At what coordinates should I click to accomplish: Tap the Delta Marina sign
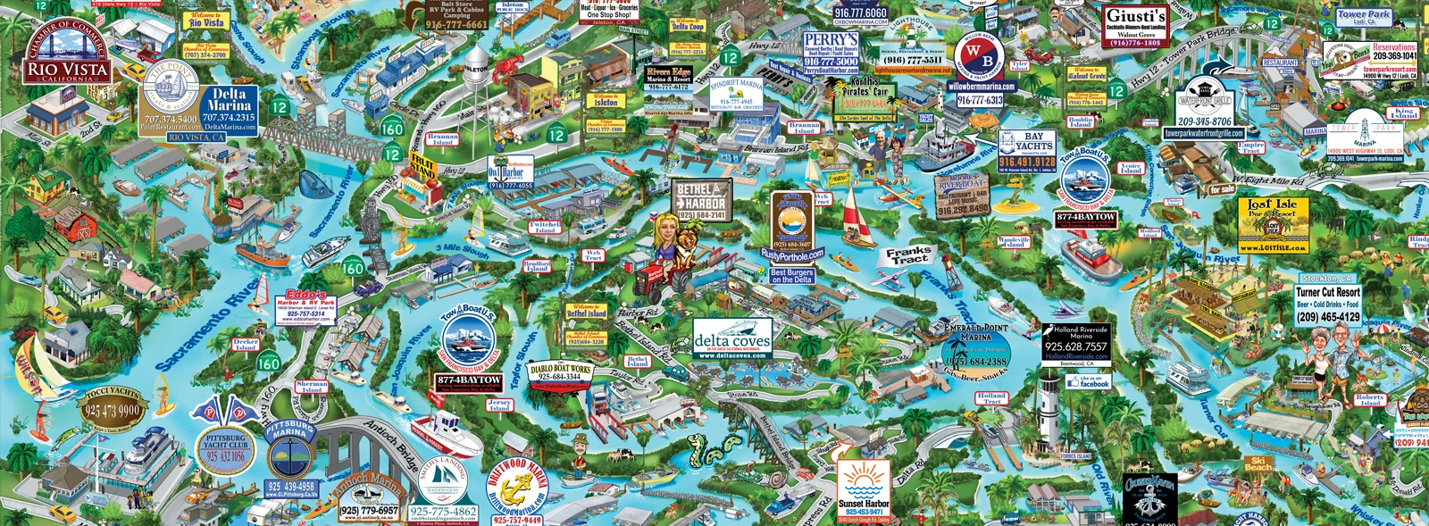tap(229, 106)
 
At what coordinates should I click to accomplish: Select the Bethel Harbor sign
tap(701, 201)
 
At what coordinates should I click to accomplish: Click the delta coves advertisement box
tap(731, 340)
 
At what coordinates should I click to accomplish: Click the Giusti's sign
tap(1135, 27)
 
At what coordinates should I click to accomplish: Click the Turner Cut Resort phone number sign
tap(1328, 305)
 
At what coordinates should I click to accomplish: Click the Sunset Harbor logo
tap(863, 491)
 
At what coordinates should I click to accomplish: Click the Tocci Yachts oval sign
tap(112, 406)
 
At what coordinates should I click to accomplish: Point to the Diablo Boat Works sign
tap(560, 372)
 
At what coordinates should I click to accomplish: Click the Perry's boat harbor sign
tap(831, 54)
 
